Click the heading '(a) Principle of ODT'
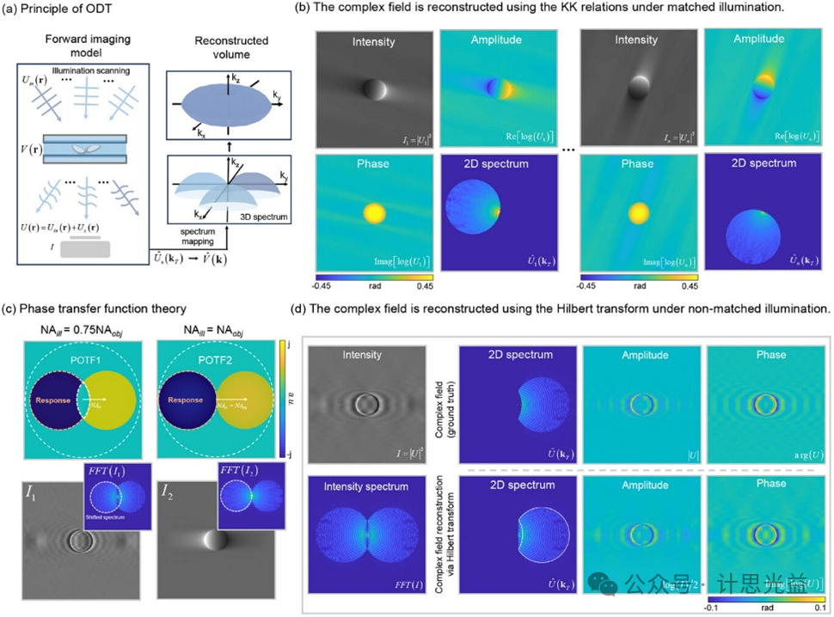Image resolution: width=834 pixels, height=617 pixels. tap(55, 14)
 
